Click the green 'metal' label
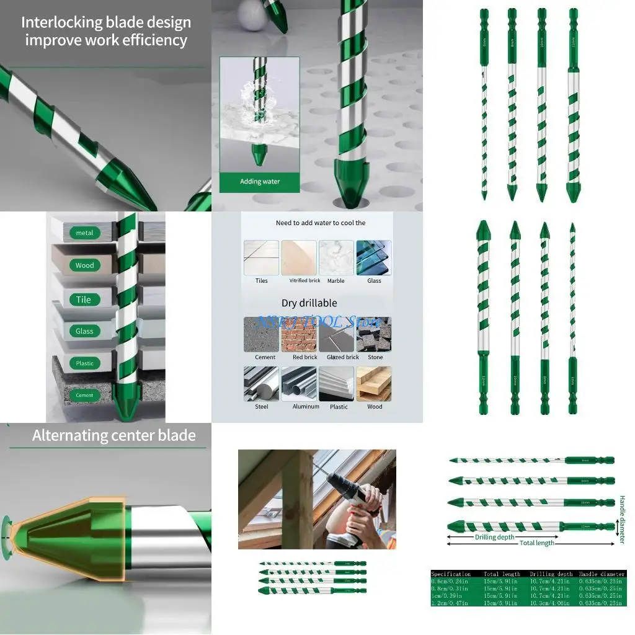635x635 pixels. click(84, 233)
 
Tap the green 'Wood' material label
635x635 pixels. click(84, 265)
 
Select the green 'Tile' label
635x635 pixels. click(84, 300)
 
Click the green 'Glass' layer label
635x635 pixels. click(84, 331)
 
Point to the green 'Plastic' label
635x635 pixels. click(84, 363)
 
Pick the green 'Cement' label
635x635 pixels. click(84, 395)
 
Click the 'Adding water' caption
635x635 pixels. click(260, 182)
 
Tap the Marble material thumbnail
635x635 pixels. click(336, 258)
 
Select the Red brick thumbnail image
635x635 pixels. click(299, 335)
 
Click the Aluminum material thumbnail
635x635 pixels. click(299, 384)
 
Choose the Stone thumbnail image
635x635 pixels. click(374, 335)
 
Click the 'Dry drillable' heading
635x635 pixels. click(317, 303)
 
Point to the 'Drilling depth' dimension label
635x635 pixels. click(494, 537)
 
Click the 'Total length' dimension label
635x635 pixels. click(537, 543)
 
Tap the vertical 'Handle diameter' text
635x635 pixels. click(622, 520)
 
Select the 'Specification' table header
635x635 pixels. click(451, 574)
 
